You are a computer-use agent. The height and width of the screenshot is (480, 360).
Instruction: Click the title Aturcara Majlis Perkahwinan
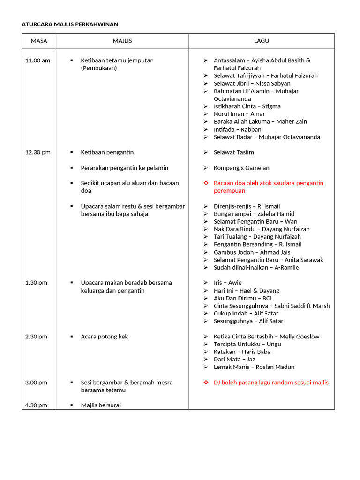(x=70, y=24)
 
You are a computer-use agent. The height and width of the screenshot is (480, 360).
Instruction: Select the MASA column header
(x=39, y=41)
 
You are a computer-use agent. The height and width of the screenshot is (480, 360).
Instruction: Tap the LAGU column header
(x=262, y=41)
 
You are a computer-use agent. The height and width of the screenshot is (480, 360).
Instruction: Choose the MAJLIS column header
(x=122, y=41)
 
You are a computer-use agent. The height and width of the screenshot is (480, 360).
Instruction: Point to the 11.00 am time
(x=37, y=60)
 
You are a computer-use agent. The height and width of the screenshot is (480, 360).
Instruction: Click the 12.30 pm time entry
(x=37, y=152)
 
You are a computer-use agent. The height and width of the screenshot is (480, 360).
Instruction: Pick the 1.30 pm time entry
(x=36, y=283)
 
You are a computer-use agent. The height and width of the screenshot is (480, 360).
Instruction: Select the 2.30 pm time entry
(x=36, y=337)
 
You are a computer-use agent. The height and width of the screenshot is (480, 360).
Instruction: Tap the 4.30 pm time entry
(x=36, y=405)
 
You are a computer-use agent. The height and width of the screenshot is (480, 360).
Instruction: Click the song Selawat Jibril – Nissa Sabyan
(x=252, y=83)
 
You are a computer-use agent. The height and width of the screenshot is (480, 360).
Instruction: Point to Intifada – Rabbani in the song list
(x=238, y=129)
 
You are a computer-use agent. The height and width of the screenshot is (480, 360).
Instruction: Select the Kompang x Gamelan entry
(x=241, y=168)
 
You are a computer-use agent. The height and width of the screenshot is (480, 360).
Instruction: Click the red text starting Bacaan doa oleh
(x=268, y=187)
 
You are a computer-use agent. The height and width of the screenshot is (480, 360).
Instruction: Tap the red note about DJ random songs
(x=271, y=382)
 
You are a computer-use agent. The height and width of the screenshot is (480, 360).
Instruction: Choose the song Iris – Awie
(x=227, y=283)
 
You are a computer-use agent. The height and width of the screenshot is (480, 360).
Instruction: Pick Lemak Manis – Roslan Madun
(x=254, y=367)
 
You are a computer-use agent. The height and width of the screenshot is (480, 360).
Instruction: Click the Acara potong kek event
(x=104, y=337)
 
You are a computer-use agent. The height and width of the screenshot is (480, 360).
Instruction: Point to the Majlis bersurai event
(x=100, y=405)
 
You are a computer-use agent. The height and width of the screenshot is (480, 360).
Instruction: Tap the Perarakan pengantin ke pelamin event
(x=124, y=168)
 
